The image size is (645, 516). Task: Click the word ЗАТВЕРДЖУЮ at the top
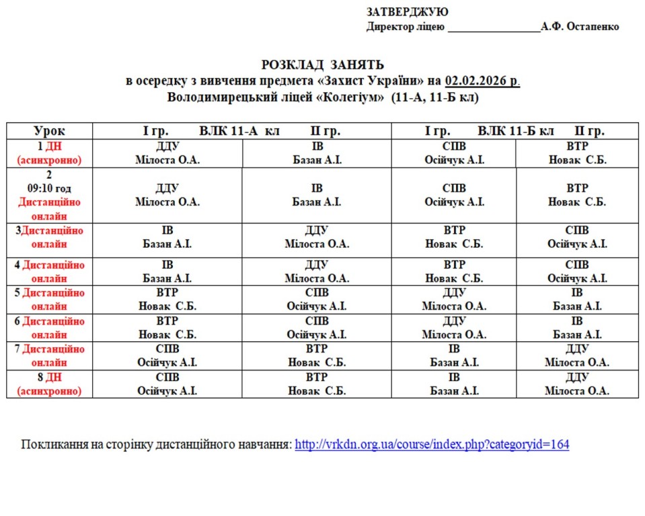tap(408, 12)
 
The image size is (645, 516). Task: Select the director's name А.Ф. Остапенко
tap(580, 27)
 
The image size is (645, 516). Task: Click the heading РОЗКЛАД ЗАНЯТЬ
tap(322, 64)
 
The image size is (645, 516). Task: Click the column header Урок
tap(50, 131)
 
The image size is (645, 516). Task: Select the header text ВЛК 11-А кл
tap(239, 131)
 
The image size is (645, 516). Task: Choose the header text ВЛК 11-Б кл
tap(516, 131)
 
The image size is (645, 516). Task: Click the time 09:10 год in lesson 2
tap(50, 188)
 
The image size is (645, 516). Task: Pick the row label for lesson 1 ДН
tap(50, 153)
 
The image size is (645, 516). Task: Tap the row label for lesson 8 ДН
tap(50, 384)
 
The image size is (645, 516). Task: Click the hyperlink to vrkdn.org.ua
tap(432, 445)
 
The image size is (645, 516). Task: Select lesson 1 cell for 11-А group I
tap(167, 153)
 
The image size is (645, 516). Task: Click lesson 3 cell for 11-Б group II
tap(576, 236)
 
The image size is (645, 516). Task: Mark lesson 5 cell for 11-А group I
tap(167, 299)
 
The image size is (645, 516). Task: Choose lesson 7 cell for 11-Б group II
tap(576, 355)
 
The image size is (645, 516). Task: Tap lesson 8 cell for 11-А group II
tap(317, 384)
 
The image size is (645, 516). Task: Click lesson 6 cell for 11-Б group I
tap(454, 327)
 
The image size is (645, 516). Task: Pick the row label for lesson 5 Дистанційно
tap(50, 299)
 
